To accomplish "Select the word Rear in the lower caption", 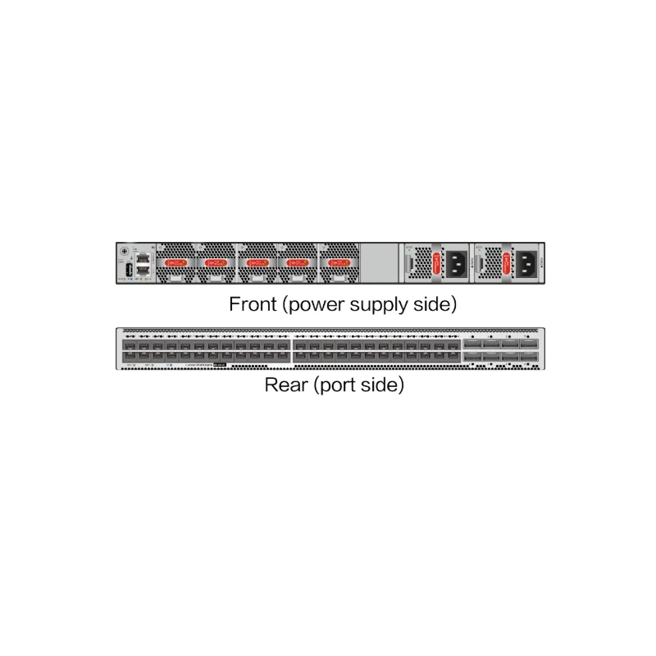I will click(285, 385).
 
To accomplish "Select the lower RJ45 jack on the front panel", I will click(143, 269).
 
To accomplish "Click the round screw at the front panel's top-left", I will click(125, 251).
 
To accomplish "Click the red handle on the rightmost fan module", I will click(337, 262).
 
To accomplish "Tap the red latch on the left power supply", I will click(436, 263).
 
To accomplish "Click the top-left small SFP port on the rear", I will click(129, 344).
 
